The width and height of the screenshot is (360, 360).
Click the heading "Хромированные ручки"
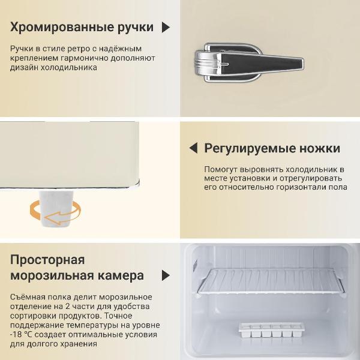point(82,27)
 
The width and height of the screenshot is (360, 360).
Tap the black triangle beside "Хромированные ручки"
point(166,27)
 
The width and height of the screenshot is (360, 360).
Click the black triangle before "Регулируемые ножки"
point(193,148)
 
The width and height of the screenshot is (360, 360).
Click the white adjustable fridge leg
point(58,204)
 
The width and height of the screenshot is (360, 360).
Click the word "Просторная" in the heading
point(47,260)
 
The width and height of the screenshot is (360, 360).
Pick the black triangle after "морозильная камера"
point(166,276)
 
